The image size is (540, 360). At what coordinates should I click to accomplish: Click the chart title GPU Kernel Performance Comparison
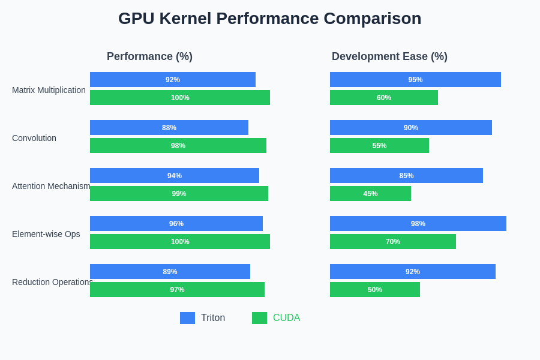coord(269,19)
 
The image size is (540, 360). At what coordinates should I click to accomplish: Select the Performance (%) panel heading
coord(149,56)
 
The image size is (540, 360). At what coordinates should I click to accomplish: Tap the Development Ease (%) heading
coord(389,56)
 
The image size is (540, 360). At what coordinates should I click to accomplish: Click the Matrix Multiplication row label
coord(49,90)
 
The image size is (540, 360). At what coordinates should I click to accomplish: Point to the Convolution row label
coord(34,138)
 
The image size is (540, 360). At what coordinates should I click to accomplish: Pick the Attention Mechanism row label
coord(51,186)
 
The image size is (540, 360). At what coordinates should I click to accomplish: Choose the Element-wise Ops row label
coord(46,234)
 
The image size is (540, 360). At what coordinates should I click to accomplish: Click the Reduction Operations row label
coord(52,282)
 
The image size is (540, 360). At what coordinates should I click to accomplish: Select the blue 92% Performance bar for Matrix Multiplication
coord(173,80)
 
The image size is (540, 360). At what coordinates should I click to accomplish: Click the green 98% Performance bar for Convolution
coord(178,146)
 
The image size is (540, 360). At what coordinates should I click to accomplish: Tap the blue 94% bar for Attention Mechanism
coord(175,176)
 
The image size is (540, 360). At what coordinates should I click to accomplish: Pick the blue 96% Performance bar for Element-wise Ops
coord(176,224)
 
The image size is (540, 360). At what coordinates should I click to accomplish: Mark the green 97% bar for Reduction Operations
coord(177,290)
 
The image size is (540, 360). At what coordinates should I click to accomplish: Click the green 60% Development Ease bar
coord(384,98)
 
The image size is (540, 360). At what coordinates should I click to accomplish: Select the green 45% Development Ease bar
coord(370,194)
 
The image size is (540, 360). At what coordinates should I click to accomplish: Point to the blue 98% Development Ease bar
coord(418,224)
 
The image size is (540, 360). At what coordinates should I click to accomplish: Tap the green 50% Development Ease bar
coord(375,290)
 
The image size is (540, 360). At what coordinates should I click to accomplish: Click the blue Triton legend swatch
coord(187,318)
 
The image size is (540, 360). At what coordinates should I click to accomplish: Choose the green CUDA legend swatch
coord(259,318)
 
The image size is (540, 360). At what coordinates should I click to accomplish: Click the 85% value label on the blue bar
coord(406,176)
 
